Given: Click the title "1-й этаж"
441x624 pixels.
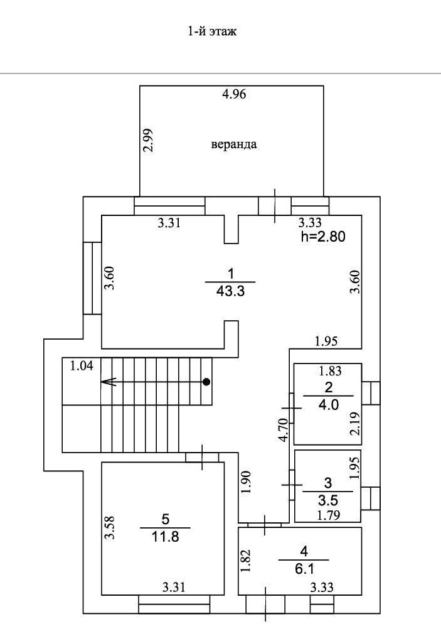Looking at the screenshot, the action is click(212, 31).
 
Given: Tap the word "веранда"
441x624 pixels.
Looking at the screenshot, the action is click(233, 144).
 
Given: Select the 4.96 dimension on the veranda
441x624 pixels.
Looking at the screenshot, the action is click(235, 95).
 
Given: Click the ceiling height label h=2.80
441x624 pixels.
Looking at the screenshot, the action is click(323, 237).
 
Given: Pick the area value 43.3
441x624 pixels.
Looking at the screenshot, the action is click(230, 292).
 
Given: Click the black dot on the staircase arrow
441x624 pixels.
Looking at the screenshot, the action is click(206, 381).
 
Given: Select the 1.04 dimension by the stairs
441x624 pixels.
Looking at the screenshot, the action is click(81, 366).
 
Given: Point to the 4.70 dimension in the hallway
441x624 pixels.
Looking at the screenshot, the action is click(283, 431).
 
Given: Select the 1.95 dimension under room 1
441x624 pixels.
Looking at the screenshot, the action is click(326, 342).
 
